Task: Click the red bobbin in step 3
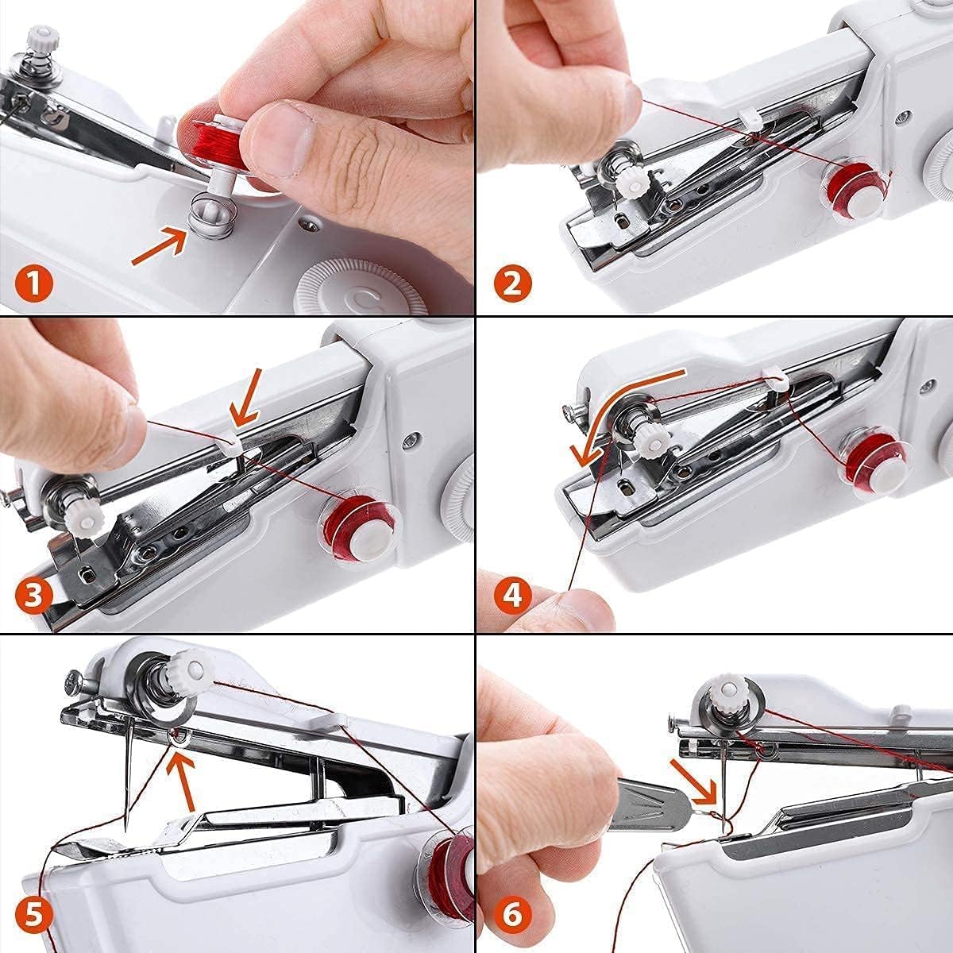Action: point(357,529)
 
